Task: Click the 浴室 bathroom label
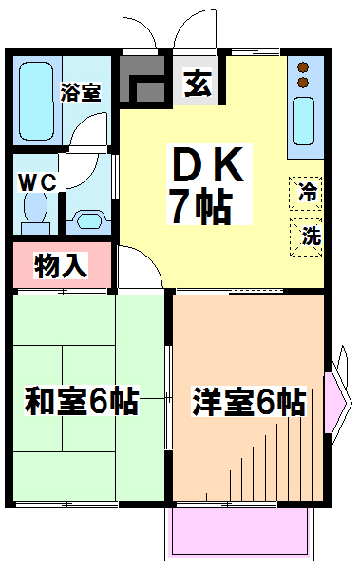pos(81,92)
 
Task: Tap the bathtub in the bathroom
pos(36,101)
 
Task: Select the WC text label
pos(37,182)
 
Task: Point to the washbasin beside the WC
pos(89,220)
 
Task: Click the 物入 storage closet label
pos(61,265)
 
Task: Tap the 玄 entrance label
pos(198,84)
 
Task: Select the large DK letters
pos(208,163)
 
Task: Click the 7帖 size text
pos(201,206)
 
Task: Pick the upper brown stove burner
pos(303,67)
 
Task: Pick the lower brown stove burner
pos(303,83)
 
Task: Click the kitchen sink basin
pos(303,121)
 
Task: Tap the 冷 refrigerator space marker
pos(306,193)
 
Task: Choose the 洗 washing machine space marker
pos(306,237)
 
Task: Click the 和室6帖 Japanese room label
pos(81,401)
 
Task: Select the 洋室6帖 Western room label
pos(249,401)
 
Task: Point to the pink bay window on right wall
pos(333,402)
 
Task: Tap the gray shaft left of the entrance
pos(142,78)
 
